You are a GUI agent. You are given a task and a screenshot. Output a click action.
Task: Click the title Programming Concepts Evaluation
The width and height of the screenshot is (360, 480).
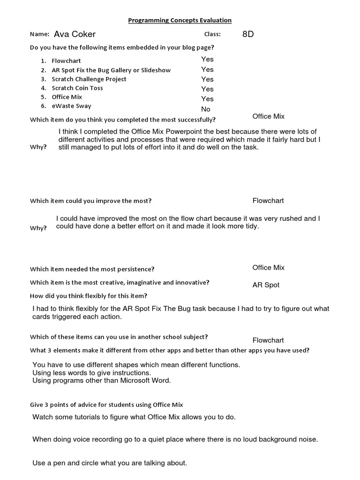[x=180, y=20]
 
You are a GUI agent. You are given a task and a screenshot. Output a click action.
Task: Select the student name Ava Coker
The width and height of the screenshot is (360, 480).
[x=75, y=34]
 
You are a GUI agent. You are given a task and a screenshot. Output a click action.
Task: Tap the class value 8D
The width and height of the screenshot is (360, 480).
[x=248, y=34]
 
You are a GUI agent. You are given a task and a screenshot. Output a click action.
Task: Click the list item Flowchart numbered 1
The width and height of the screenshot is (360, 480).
[x=66, y=61]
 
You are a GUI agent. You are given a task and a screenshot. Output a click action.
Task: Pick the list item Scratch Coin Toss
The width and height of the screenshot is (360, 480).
[x=77, y=88]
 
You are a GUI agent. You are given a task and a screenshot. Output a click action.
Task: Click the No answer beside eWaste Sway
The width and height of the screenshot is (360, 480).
[x=206, y=109]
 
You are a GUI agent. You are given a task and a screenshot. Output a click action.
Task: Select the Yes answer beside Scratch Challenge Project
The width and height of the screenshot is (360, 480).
[x=207, y=79]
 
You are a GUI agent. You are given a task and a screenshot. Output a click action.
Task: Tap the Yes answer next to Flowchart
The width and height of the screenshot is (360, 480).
[x=207, y=59]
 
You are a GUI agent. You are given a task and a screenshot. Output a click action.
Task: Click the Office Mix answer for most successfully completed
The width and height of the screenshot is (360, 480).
[x=268, y=116]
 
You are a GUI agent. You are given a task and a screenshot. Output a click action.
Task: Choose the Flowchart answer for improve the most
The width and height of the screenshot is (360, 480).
[x=268, y=201]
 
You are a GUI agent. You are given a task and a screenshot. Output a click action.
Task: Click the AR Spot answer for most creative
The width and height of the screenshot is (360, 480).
[x=266, y=285]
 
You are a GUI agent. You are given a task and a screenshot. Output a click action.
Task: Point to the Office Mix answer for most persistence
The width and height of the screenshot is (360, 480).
[x=268, y=268]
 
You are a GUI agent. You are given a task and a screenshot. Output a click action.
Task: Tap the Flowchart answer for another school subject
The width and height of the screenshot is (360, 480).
[x=268, y=340]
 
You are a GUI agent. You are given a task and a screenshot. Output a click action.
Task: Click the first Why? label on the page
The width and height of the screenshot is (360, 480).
[x=38, y=147]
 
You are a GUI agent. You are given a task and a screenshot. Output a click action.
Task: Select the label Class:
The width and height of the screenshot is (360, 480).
[x=212, y=34]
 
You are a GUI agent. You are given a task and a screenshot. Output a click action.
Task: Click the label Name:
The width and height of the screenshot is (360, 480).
[x=39, y=34]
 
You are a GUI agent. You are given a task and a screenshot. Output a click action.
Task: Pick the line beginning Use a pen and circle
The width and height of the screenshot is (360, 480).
[x=110, y=463]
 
